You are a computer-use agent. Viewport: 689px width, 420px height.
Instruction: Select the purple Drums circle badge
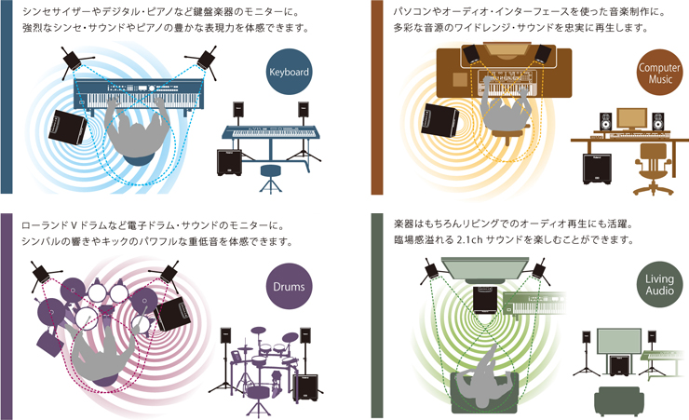(x=289, y=287)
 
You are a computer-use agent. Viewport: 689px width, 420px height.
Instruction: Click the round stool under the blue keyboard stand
(x=271, y=172)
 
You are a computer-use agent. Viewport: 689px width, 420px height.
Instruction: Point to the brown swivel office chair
(x=645, y=167)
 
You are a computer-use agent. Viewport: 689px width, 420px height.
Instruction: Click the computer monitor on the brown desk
(x=631, y=117)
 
